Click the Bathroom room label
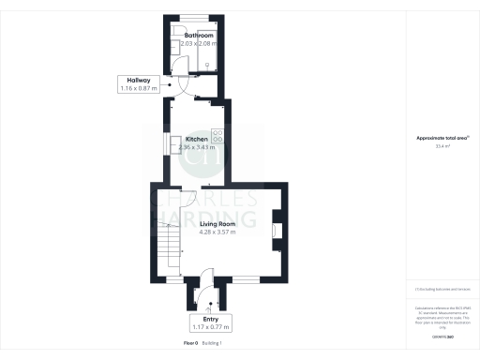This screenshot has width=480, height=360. coord(198,35)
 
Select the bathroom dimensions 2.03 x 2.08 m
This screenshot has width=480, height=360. coord(198,43)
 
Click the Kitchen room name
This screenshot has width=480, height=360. coord(197,139)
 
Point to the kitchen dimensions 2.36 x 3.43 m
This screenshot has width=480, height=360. coord(197,147)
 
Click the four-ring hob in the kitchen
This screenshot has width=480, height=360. coord(217,135)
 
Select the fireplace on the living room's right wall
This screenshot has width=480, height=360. coord(275,231)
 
